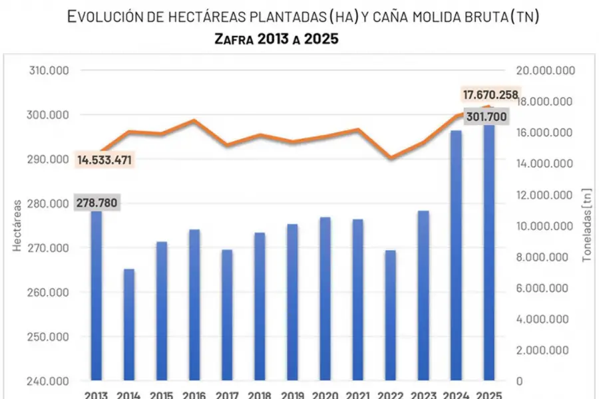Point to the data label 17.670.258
tap(489, 95)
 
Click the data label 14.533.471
tap(104, 160)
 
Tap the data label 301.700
tap(485, 118)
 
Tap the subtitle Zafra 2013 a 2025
tap(276, 39)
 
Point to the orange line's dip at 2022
tap(391, 158)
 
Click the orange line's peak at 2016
tap(194, 120)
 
